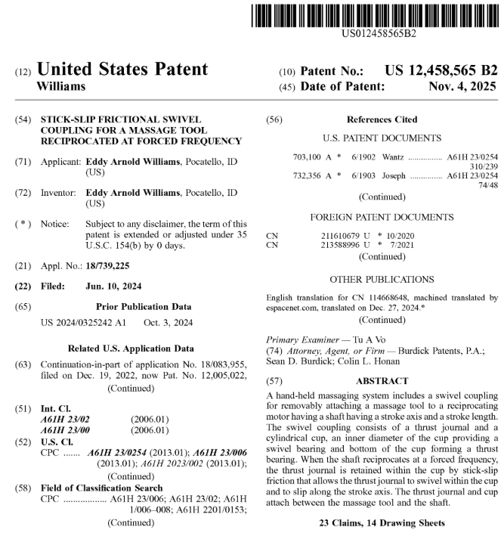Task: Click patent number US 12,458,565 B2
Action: [441, 71]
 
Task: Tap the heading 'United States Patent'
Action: [122, 70]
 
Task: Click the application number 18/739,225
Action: [113, 266]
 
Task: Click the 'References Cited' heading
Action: [382, 119]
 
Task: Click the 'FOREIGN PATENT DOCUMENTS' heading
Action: [382, 216]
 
